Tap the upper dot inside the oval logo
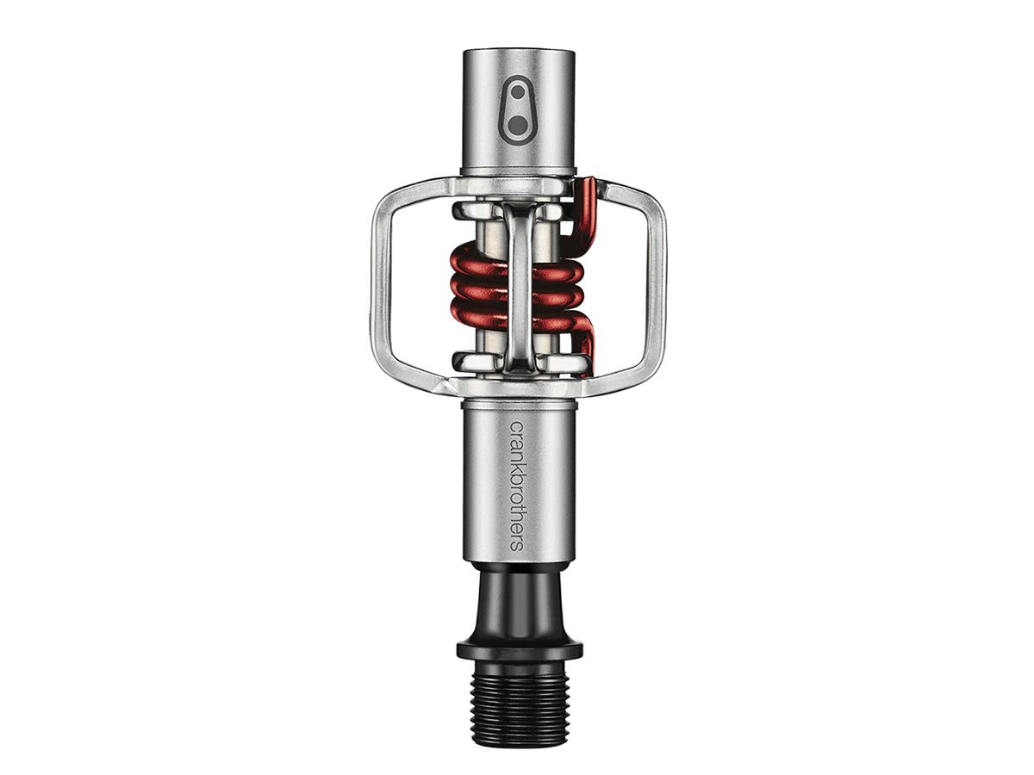[518, 93]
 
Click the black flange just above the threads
[518, 648]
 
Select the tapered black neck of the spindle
[518, 603]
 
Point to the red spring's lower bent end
[587, 340]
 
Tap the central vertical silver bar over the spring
[520, 284]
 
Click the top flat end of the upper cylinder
[518, 54]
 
